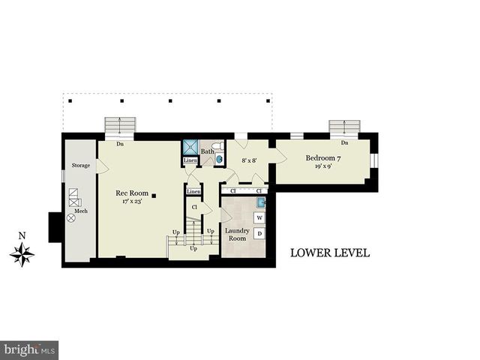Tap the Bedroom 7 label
[x=323, y=158]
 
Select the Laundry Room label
[x=237, y=235]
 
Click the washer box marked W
[x=259, y=217]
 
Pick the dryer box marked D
[x=259, y=234]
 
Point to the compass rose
[x=22, y=254]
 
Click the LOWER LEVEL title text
[x=329, y=253]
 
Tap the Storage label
[x=80, y=165]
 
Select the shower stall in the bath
[x=190, y=148]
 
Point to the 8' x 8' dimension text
[x=248, y=160]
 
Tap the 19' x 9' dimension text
[x=323, y=168]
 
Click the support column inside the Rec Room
[x=154, y=196]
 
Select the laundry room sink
[x=259, y=202]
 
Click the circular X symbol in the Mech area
[x=71, y=217]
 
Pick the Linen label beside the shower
[x=190, y=160]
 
